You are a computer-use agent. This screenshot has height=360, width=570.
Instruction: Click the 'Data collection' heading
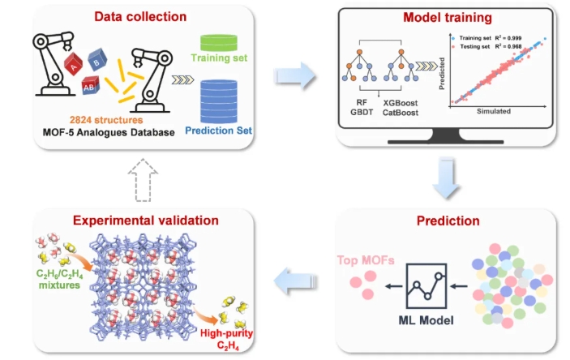pyautogui.click(x=140, y=15)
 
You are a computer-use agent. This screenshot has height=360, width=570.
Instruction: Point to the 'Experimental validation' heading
pyautogui.click(x=140, y=221)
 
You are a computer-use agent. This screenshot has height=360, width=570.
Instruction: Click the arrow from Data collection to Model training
pyautogui.click(x=294, y=77)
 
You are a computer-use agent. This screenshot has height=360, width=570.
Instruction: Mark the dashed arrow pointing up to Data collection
pyautogui.click(x=140, y=176)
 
